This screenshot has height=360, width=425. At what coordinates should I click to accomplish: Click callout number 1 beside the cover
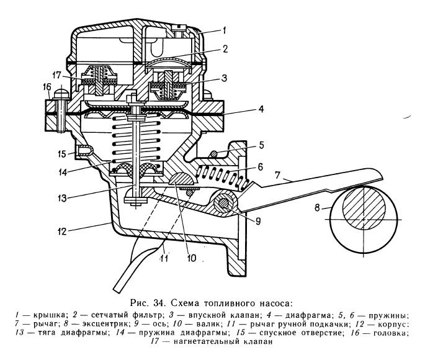pyautogui.click(x=225, y=30)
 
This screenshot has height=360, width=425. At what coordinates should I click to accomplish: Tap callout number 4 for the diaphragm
pyautogui.click(x=261, y=110)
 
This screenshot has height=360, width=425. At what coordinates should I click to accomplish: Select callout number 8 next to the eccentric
pyautogui.click(x=318, y=208)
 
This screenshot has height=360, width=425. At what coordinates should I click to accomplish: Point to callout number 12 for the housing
pyautogui.click(x=62, y=232)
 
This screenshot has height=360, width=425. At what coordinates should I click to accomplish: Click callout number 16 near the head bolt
pyautogui.click(x=47, y=88)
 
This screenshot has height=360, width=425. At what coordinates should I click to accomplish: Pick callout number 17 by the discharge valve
pyautogui.click(x=58, y=75)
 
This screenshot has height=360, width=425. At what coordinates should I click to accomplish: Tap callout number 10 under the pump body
pyautogui.click(x=191, y=258)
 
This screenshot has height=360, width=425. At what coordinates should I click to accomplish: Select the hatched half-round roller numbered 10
pyautogui.click(x=182, y=179)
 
